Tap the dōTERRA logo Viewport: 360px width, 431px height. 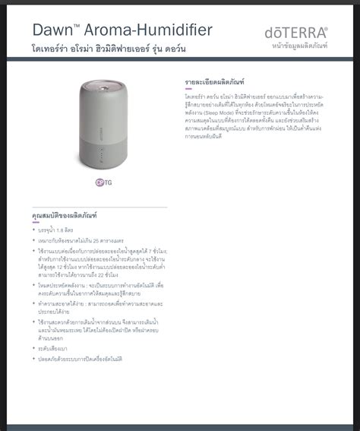tap(296, 33)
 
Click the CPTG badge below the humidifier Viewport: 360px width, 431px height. tap(103, 182)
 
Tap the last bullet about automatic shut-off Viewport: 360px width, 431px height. tap(80, 358)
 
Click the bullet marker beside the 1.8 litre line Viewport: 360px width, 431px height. tap(33, 229)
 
